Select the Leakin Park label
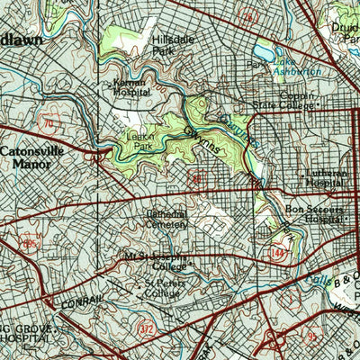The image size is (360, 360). (139, 142)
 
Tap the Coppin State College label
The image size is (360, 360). (284, 99)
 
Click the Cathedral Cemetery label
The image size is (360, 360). (166, 220)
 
